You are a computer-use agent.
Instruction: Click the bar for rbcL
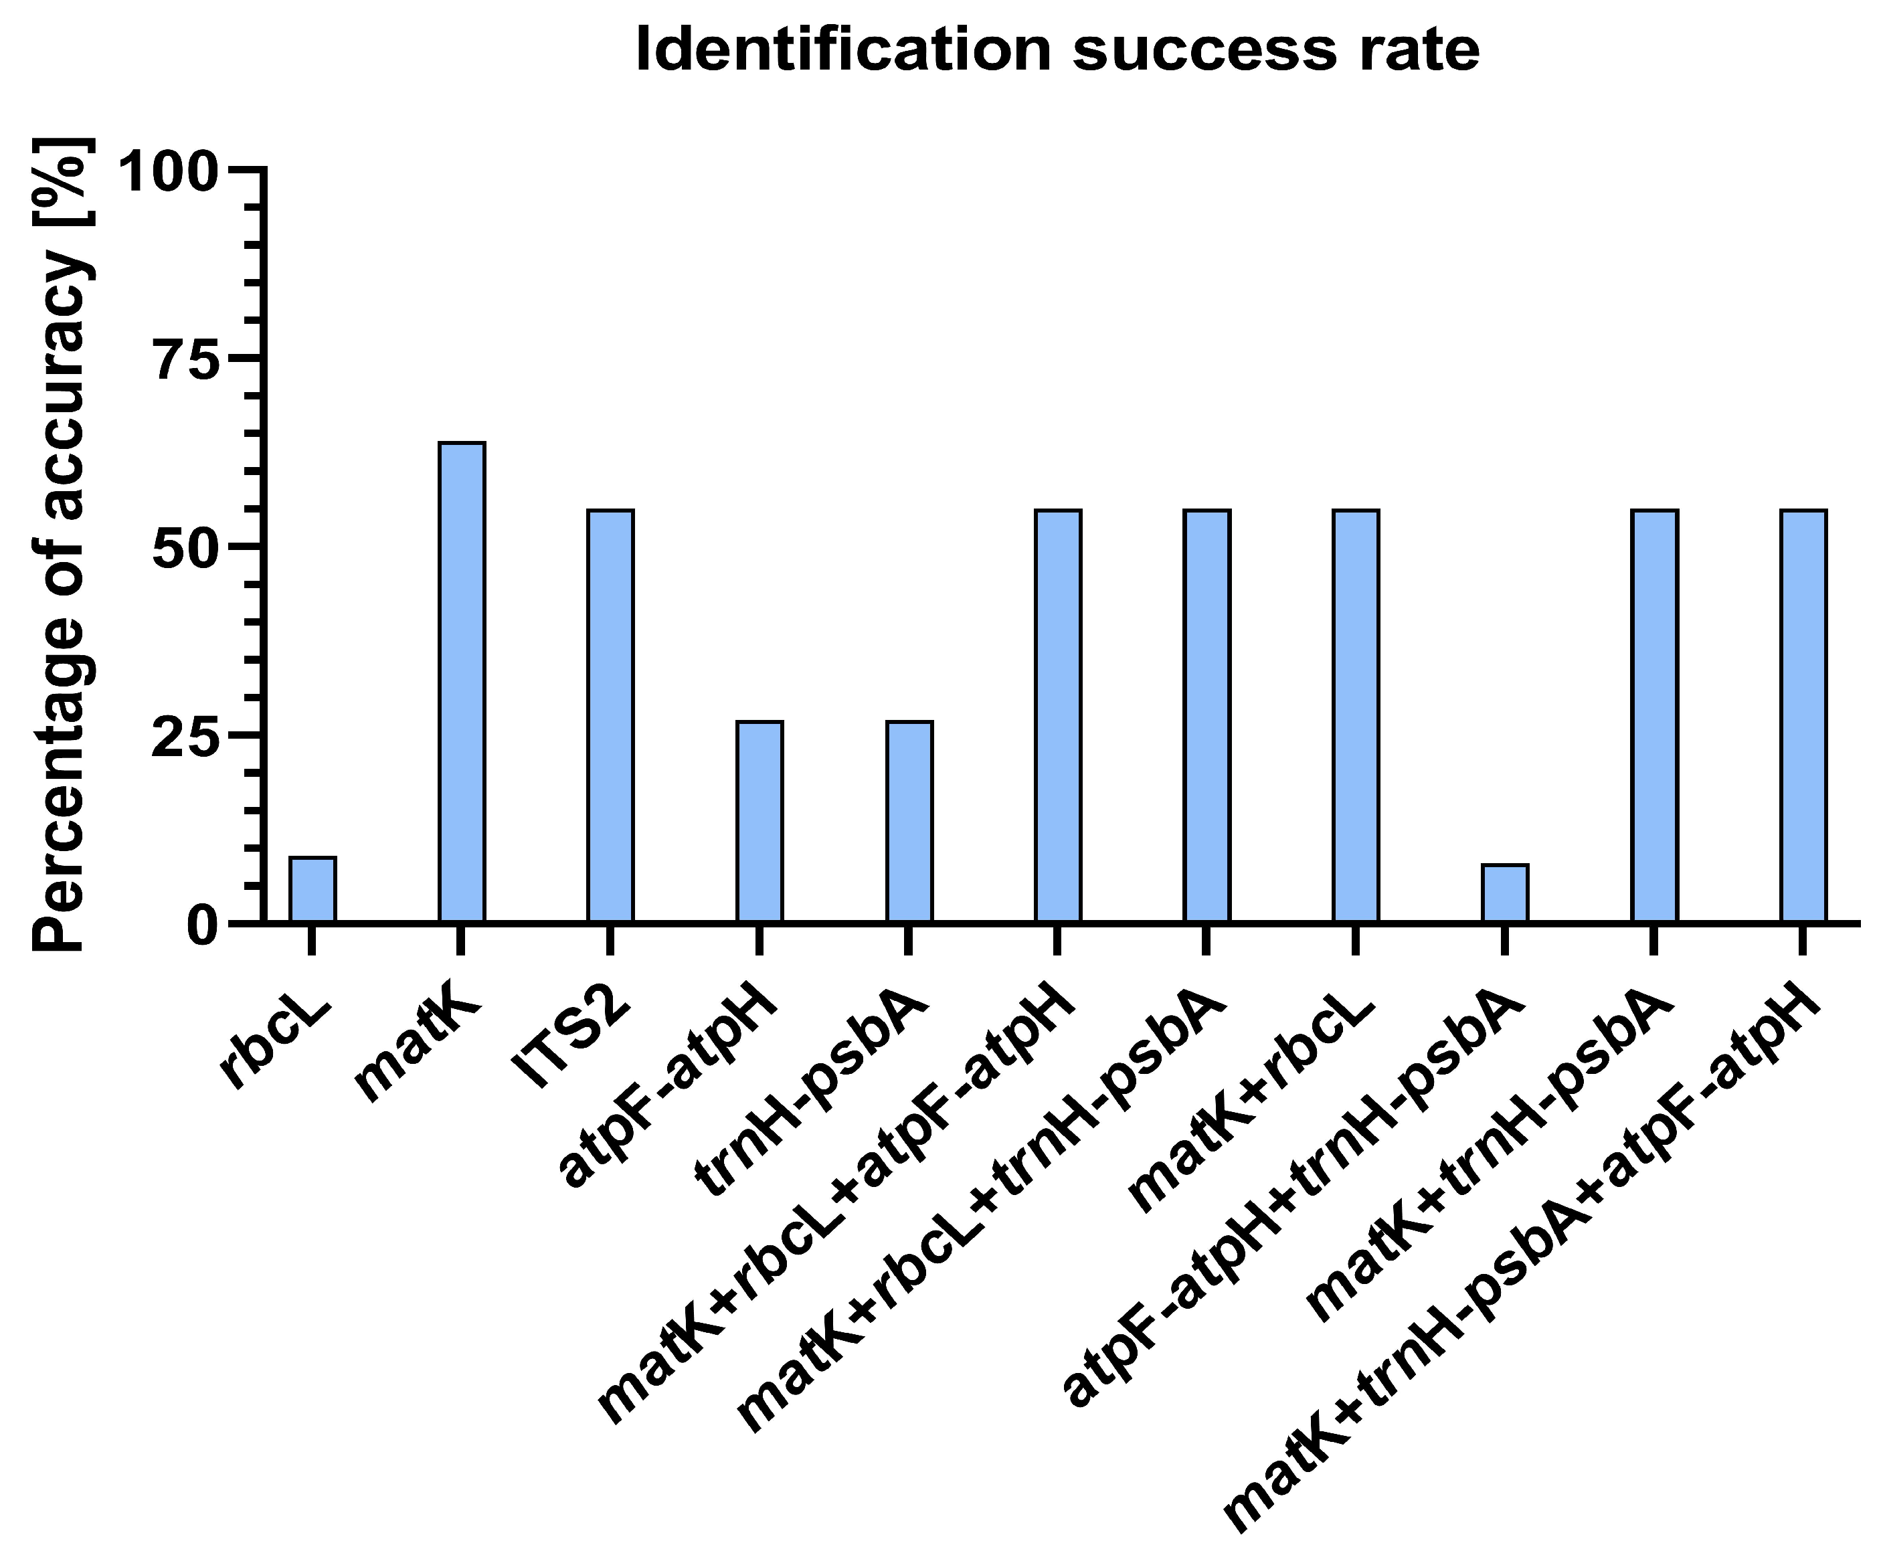[312, 889]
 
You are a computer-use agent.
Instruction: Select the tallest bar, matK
[462, 682]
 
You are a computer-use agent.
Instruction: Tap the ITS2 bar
[610, 716]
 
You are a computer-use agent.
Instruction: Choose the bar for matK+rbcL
[1356, 716]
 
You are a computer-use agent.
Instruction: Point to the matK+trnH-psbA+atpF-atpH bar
[1803, 716]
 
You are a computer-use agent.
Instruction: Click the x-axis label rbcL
[278, 1042]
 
